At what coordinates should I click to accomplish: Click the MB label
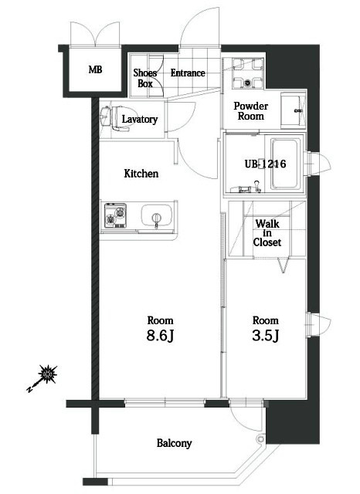click(x=95, y=69)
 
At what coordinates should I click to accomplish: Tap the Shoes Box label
click(x=145, y=78)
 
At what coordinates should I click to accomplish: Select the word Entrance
click(x=188, y=73)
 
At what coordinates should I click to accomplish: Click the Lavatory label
click(x=140, y=119)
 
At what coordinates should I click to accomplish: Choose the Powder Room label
click(x=251, y=111)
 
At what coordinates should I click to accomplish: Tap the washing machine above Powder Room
click(x=248, y=74)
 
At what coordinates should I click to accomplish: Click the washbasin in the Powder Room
click(x=292, y=110)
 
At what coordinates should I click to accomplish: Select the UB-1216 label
click(x=266, y=164)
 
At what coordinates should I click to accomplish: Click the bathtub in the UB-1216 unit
click(x=284, y=164)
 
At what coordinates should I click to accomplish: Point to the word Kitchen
click(x=141, y=173)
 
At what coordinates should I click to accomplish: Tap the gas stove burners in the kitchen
click(x=116, y=215)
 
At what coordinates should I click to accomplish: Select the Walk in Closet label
click(x=267, y=233)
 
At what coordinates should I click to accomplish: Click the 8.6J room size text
click(x=160, y=336)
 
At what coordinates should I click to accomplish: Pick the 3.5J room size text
click(x=266, y=336)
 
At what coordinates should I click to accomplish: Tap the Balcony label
click(x=175, y=443)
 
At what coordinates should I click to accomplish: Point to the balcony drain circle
click(x=260, y=439)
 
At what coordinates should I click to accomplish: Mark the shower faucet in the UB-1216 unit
click(x=257, y=184)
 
